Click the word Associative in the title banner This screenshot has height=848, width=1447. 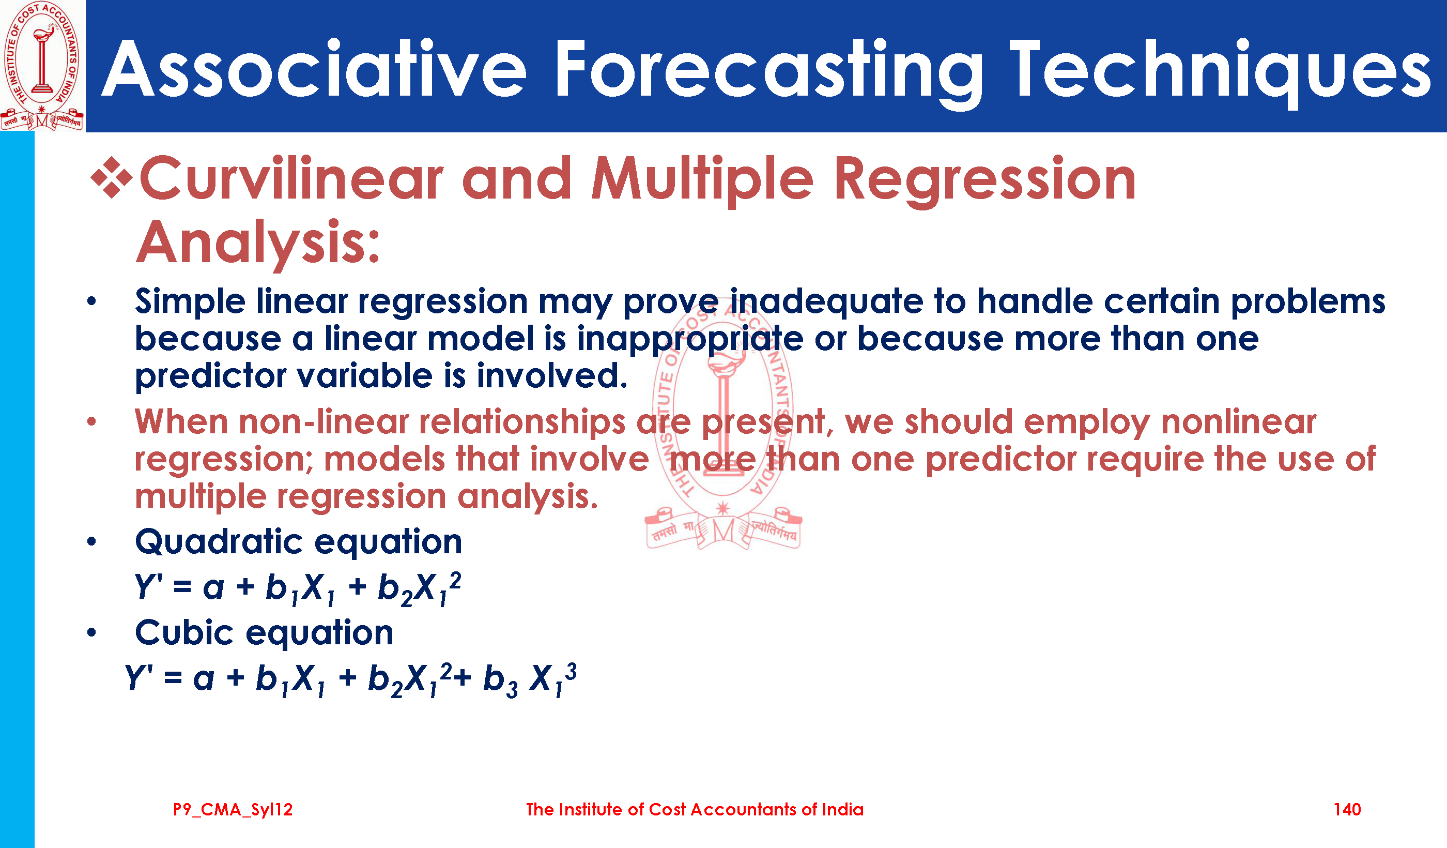click(x=314, y=69)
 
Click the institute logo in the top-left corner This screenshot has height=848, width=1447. click(x=42, y=66)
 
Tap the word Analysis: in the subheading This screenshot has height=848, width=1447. click(x=258, y=243)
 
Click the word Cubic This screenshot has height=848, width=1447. click(x=184, y=632)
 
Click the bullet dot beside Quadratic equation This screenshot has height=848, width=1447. click(x=92, y=542)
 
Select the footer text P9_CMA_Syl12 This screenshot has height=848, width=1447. click(x=233, y=810)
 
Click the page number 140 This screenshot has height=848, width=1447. click(x=1347, y=810)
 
